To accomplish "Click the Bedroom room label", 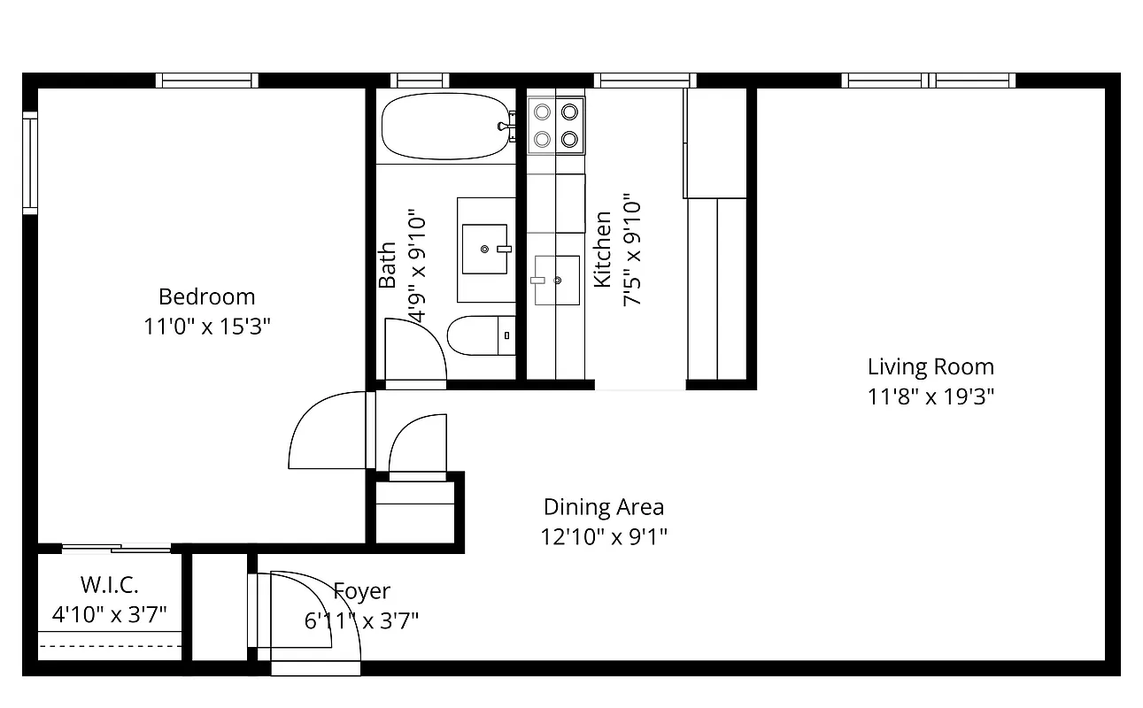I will pyautogui.click(x=206, y=296).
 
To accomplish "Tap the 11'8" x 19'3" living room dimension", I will pyautogui.click(x=931, y=396).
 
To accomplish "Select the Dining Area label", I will pyautogui.click(x=603, y=507).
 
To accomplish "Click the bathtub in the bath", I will pyautogui.click(x=443, y=128).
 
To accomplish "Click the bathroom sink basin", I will pyautogui.click(x=485, y=249).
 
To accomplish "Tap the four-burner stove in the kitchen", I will pyautogui.click(x=555, y=125).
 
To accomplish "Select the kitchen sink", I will pyautogui.click(x=556, y=280).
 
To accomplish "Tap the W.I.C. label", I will pyautogui.click(x=109, y=585).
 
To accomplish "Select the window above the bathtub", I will pyautogui.click(x=419, y=81).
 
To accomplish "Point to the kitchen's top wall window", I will pyautogui.click(x=644, y=81).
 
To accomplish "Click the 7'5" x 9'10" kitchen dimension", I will pyautogui.click(x=632, y=250).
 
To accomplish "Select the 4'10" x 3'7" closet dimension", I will pyautogui.click(x=109, y=614).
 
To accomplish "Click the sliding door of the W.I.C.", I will pyautogui.click(x=115, y=549).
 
